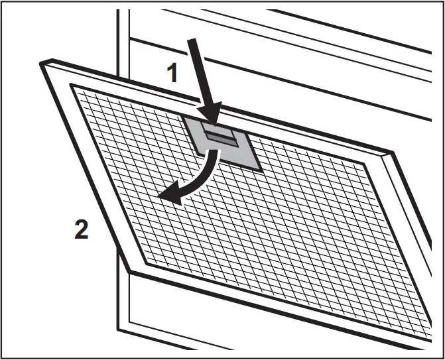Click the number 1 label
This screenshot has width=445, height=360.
tap(172, 72)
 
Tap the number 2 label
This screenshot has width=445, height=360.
tap(81, 229)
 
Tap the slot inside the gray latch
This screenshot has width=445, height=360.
tap(220, 135)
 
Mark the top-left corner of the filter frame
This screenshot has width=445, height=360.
tap(42, 62)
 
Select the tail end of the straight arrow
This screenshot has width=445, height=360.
tap(192, 40)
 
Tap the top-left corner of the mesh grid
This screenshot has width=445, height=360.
tap(71, 86)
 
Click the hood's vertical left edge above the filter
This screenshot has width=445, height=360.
tap(119, 40)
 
